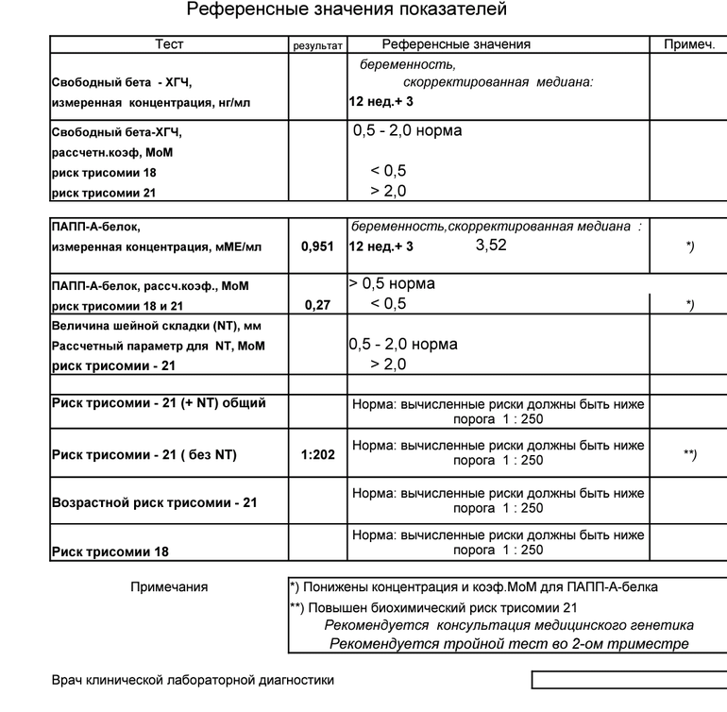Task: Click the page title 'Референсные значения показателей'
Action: pyautogui.click(x=347, y=10)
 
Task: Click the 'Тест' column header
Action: pyautogui.click(x=169, y=44)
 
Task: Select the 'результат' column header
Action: pyautogui.click(x=318, y=45)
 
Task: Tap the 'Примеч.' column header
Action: pyautogui.click(x=689, y=44)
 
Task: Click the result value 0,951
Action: pyautogui.click(x=317, y=246)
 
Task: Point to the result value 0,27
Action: pyautogui.click(x=317, y=305)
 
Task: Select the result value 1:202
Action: pyautogui.click(x=318, y=454)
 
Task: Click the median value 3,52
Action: pyautogui.click(x=491, y=246)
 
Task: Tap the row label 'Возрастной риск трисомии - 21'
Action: pyautogui.click(x=154, y=502)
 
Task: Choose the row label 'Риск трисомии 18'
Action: pyautogui.click(x=110, y=551)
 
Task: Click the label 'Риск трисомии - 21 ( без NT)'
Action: pyautogui.click(x=144, y=454)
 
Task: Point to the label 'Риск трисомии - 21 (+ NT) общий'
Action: pyautogui.click(x=159, y=403)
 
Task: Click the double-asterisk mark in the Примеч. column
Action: pyautogui.click(x=689, y=454)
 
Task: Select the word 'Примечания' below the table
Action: pyautogui.click(x=169, y=586)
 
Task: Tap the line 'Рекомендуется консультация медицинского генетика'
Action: pyautogui.click(x=509, y=625)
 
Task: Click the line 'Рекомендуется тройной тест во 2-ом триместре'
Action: pyautogui.click(x=509, y=644)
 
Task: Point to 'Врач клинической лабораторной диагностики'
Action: pyautogui.click(x=192, y=680)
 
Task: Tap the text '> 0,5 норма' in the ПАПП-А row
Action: pyautogui.click(x=392, y=284)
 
